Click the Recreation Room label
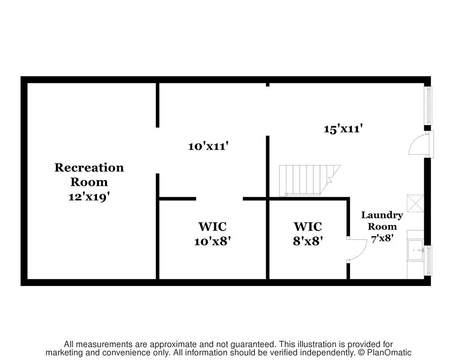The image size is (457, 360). [x=89, y=174]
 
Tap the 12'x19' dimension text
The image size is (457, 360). [x=89, y=197]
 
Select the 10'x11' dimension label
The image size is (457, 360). [x=208, y=146]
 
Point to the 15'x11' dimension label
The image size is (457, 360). [x=343, y=128]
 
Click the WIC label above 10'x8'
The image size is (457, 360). [x=212, y=226]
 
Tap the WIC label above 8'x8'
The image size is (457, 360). [x=308, y=226]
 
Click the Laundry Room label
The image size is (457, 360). [x=382, y=221]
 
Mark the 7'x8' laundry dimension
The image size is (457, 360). [x=382, y=238]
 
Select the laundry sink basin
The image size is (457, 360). [x=416, y=250]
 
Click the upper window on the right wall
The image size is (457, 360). [x=429, y=105]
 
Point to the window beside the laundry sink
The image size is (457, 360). [x=429, y=260]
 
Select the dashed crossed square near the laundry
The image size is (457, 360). [x=415, y=203]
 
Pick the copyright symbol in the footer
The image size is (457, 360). [x=361, y=352]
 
